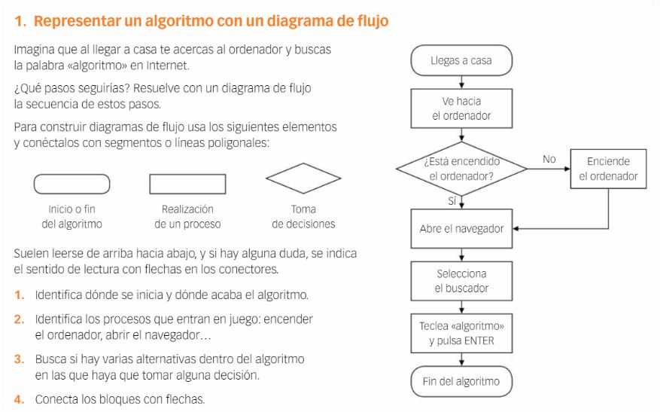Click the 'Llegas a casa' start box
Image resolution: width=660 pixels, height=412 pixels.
coord(461,60)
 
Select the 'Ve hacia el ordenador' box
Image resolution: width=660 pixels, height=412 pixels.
coord(461,108)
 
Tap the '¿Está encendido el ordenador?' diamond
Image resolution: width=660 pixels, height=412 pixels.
coord(461,169)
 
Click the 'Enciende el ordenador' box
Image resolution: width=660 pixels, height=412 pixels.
coord(608,169)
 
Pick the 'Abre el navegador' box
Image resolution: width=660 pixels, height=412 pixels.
coord(461,228)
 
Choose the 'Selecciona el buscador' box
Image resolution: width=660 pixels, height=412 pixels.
coord(461,281)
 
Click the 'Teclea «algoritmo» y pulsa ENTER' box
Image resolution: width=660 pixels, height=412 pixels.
coord(461,333)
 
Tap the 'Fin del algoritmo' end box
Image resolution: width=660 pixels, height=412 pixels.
coord(461,381)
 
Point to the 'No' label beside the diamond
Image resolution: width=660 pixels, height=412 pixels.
coord(549,159)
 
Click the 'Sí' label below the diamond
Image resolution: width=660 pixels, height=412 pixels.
coord(452,201)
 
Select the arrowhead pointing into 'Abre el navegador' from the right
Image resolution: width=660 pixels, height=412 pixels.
coord(516,228)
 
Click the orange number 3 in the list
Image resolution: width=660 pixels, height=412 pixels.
coord(19,359)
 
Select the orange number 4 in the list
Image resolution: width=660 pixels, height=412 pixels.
coord(19,399)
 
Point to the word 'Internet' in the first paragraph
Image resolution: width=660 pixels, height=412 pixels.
coord(167,66)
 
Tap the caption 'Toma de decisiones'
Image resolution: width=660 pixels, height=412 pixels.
coord(303,216)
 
